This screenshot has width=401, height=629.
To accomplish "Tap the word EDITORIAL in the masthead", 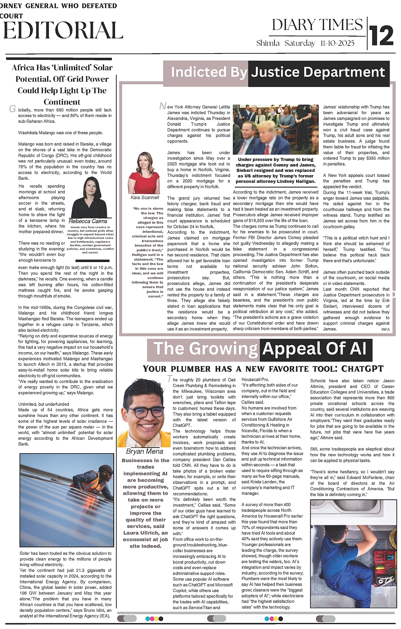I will coord(63,30).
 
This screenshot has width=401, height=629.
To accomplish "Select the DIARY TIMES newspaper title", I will coord(317,25).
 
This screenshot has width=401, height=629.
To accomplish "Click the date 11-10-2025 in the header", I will coord(337,43).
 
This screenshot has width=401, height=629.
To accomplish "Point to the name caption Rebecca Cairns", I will coord(88,221).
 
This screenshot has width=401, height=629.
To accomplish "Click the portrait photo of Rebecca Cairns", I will coord(89,198).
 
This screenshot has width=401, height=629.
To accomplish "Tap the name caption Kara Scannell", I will coord(145,198).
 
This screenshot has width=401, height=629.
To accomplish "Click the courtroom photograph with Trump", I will coord(276,130).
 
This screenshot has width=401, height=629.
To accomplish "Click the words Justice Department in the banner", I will coord(318,72).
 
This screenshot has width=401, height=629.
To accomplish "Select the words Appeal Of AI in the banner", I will coord(314,349).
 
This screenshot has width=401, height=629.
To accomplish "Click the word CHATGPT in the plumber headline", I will coord(362,369).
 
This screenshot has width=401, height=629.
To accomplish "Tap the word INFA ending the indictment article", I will coord(385,329).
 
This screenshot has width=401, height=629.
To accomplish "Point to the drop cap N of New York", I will coord(163,106).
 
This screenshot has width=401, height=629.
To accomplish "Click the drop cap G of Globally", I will coord(12,109).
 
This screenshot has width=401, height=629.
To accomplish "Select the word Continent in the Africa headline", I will coord(62,102).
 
